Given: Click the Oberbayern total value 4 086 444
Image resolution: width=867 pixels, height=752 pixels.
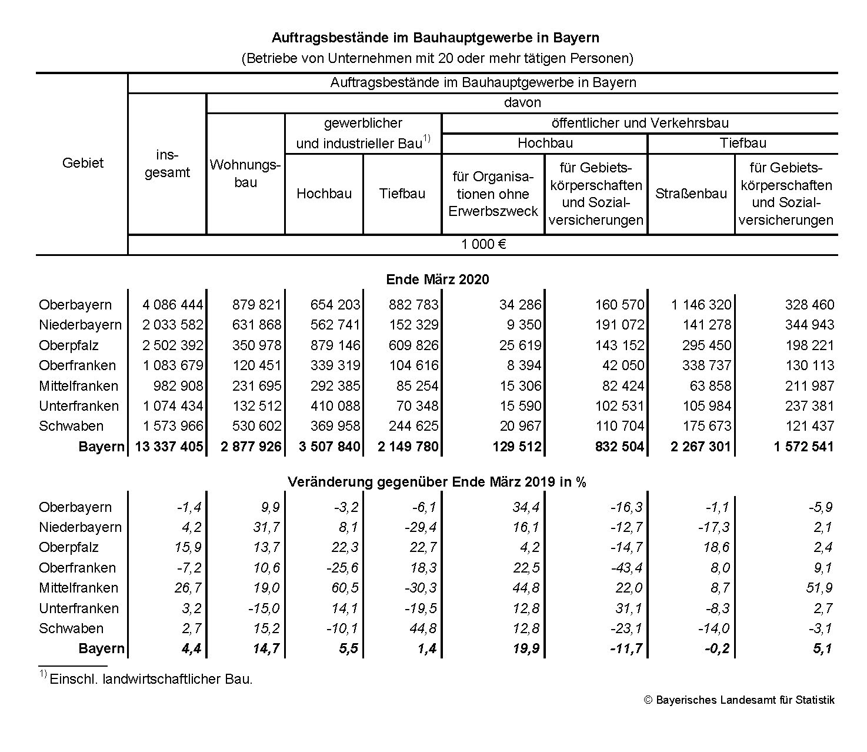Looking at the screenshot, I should pos(172,305).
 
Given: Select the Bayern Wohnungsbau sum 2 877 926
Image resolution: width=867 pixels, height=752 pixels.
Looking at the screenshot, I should pos(251,447).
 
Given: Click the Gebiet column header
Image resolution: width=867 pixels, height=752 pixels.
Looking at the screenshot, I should pos(82,163).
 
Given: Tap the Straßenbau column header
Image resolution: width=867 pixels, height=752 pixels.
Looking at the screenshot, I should pos(691,194).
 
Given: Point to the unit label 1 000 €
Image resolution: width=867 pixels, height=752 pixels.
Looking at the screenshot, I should pos(483,245).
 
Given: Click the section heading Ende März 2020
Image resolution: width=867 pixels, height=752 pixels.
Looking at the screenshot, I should pos(437,279).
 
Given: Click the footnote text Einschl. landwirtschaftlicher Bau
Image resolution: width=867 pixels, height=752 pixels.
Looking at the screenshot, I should pos(151,679).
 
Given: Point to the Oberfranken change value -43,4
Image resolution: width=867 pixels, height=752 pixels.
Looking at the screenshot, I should pos(627,568).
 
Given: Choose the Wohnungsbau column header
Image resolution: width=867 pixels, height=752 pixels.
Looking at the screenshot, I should pos(245,173).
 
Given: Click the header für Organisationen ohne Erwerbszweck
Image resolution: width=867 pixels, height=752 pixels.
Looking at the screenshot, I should pos(493,194).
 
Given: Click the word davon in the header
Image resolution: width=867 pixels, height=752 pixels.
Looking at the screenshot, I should pos(522,102).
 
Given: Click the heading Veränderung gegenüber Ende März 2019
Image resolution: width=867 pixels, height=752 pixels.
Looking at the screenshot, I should pos(437,482).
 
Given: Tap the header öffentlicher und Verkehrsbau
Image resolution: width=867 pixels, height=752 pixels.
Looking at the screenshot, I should pos(640,123).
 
